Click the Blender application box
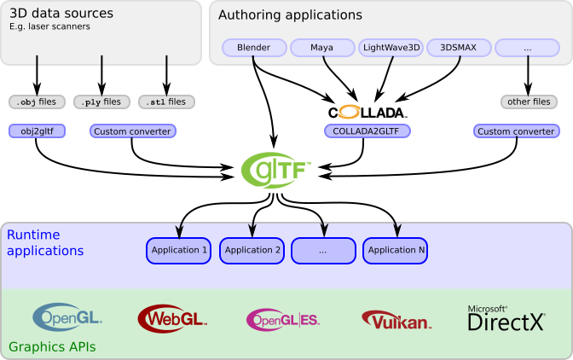(254, 48)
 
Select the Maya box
(322, 48)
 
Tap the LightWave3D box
(391, 48)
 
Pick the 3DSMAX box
(459, 48)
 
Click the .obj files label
(37, 102)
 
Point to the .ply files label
(101, 102)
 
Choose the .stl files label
(166, 102)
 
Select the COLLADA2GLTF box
(368, 131)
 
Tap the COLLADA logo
(368, 112)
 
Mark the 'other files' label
(529, 102)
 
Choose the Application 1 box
(179, 250)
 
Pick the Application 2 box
(252, 250)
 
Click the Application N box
(395, 250)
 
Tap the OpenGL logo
(67, 317)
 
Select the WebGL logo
(172, 318)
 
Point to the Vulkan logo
(396, 320)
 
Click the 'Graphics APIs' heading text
(52, 347)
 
